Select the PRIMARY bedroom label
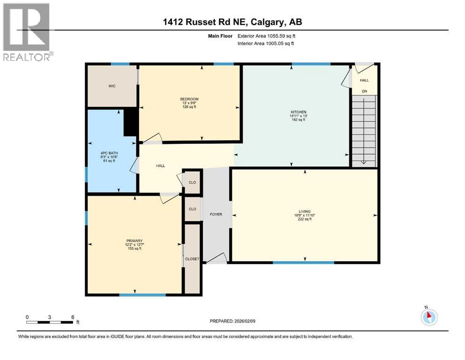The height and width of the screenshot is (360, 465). coord(133,241)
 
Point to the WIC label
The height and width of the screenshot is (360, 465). coord(111,86)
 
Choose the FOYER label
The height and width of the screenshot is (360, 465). coord(216,214)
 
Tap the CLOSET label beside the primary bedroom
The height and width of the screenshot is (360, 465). coord(192,259)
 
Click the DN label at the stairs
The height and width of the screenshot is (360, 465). coord(364,91)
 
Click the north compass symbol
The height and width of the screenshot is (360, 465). coord(428,316)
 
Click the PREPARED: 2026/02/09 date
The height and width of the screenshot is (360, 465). coord(232,321)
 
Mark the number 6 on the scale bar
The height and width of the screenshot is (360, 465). coord(73,316)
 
